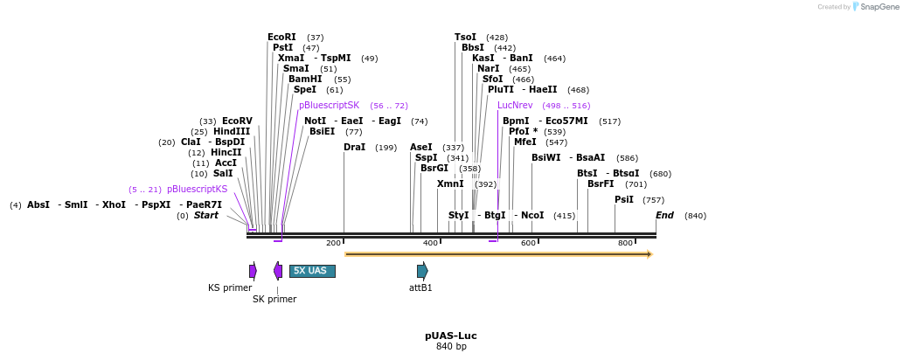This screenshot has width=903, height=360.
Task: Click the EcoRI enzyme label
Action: click(x=281, y=38)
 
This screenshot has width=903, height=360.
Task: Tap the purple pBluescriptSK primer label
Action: click(x=329, y=106)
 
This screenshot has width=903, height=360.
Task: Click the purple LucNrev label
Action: click(x=515, y=106)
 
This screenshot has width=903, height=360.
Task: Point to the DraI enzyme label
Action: click(x=354, y=148)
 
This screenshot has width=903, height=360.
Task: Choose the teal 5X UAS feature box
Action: click(x=312, y=271)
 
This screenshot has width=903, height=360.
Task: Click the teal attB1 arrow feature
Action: click(x=422, y=271)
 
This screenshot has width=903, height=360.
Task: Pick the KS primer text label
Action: click(x=230, y=287)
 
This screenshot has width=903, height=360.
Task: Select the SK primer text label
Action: click(x=274, y=299)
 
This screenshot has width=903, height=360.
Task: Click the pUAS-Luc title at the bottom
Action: click(x=451, y=336)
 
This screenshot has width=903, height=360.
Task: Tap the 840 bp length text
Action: click(x=451, y=347)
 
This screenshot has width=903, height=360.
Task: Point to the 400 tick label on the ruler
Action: click(x=430, y=243)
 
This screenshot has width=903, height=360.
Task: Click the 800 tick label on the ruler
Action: click(x=625, y=243)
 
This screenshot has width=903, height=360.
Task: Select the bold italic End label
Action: click(x=665, y=216)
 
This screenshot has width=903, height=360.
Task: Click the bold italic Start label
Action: click(x=206, y=216)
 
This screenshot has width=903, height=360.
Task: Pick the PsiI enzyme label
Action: click(x=624, y=200)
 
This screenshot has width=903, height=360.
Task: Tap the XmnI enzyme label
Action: click(x=450, y=184)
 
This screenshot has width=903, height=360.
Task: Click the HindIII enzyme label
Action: click(x=232, y=132)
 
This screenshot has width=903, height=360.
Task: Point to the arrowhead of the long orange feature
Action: click(x=649, y=254)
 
